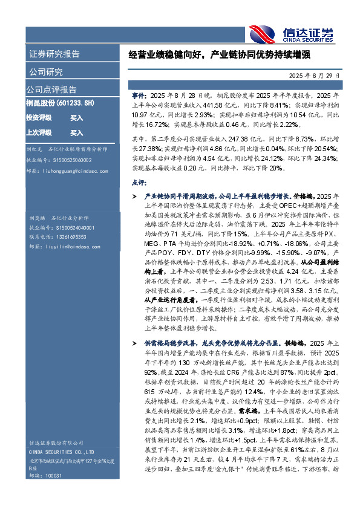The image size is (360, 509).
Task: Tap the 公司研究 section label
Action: pos(45,72)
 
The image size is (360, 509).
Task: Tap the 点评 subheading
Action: pos(139,181)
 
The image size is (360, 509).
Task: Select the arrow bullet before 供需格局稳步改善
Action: pos(134,342)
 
